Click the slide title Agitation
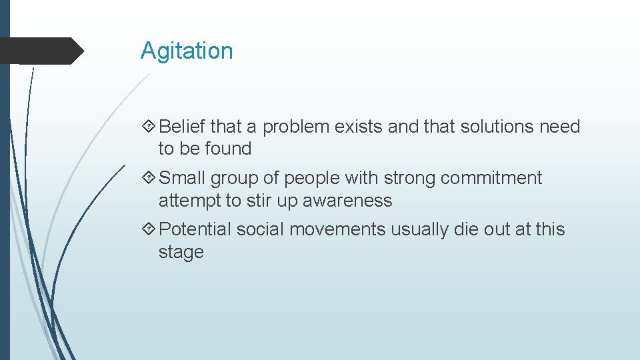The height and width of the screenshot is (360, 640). (x=187, y=51)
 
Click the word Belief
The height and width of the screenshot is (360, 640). (x=183, y=127)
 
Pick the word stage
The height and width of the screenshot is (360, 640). (x=181, y=253)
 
